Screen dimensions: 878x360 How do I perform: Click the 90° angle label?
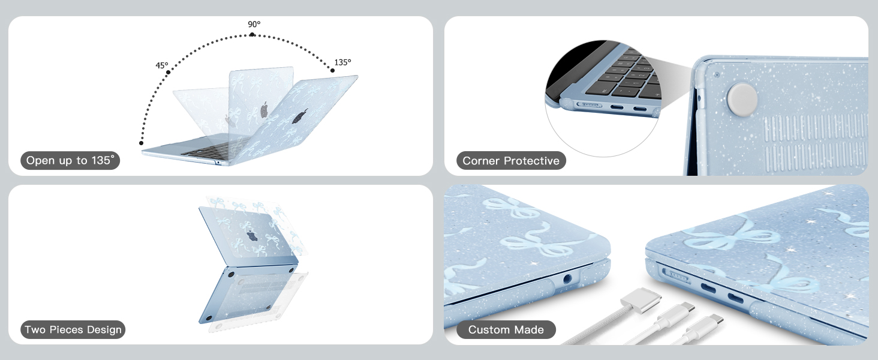coord(254,24)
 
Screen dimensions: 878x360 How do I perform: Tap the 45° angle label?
coord(162,65)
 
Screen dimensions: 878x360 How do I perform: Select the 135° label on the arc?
coord(342,62)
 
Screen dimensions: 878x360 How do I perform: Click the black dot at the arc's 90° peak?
coord(252,35)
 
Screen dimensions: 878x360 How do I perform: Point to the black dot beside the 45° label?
coord(168,72)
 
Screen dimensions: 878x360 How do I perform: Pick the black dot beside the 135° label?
coord(332,71)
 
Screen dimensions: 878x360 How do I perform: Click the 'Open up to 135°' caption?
coord(70,160)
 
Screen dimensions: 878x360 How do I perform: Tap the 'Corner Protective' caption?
coord(511,161)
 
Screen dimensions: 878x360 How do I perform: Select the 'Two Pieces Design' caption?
coord(73,330)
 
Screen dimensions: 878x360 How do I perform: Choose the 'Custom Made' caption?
coord(506,330)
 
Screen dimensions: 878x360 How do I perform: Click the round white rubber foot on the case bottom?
coord(742,100)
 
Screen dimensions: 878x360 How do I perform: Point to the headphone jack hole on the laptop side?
coord(567,279)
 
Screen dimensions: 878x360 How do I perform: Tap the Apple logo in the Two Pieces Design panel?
coord(252,236)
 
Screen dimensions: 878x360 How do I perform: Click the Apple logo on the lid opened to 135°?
coord(300,116)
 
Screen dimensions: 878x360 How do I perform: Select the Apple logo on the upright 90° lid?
coord(264,110)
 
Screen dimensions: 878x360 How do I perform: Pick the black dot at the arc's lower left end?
coord(141,143)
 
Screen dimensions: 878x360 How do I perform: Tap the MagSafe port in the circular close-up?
coord(589,105)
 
